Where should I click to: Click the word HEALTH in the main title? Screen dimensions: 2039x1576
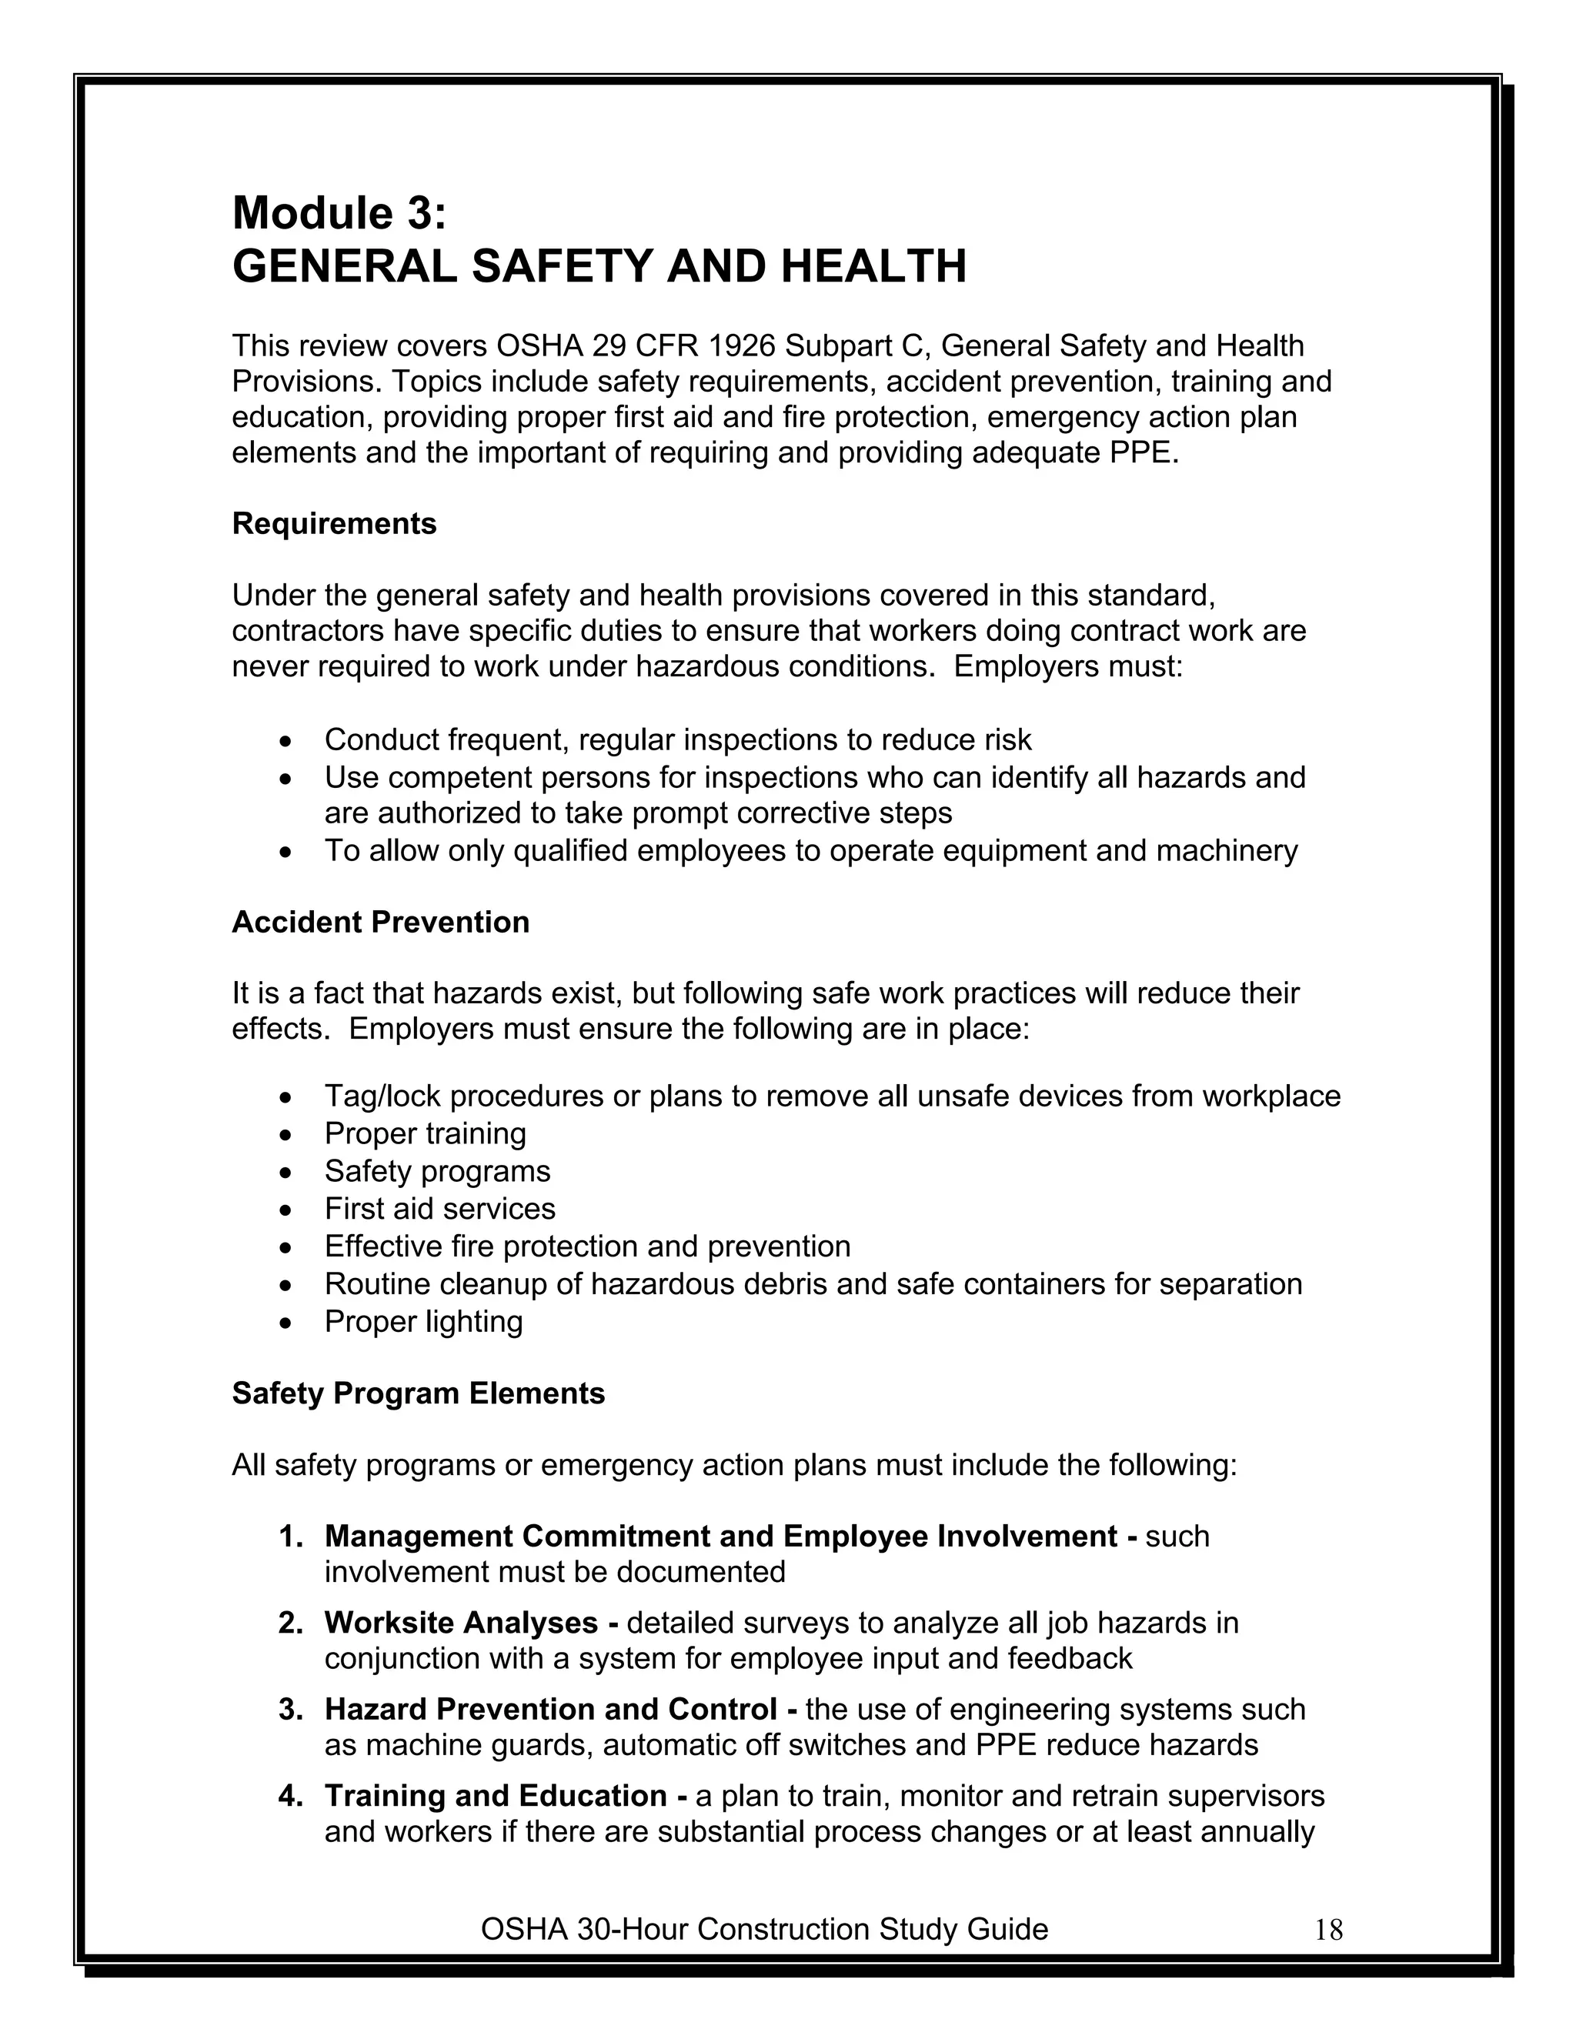(873, 267)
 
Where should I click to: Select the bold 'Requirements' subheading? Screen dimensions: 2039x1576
(334, 524)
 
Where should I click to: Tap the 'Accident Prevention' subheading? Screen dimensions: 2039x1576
(380, 923)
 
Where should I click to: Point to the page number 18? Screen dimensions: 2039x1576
(1327, 1930)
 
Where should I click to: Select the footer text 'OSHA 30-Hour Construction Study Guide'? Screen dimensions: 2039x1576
(763, 1929)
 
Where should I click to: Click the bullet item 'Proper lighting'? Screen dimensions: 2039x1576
(423, 1322)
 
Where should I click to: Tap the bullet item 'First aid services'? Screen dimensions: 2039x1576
(439, 1209)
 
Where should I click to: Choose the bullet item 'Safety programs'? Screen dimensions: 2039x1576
(437, 1171)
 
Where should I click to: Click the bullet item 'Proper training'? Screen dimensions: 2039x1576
(425, 1133)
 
